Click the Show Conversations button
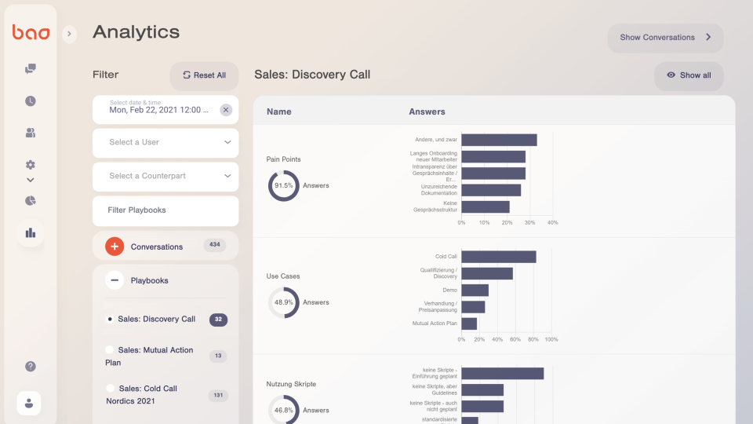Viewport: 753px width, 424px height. coord(665,38)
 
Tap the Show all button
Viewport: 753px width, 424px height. coord(689,75)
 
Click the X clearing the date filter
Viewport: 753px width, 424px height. coord(226,110)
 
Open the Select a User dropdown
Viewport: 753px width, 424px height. coord(166,142)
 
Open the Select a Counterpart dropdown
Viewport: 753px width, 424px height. coord(166,176)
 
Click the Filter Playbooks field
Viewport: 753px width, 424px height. coord(166,210)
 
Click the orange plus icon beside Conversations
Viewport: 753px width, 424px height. coord(115,247)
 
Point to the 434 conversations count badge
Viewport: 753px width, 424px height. coord(214,245)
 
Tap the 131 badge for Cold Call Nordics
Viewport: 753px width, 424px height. coord(218,396)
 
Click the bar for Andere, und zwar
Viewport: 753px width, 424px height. coord(499,140)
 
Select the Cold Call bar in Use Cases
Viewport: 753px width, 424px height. coord(498,257)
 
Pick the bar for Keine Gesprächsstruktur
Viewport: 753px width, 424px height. coord(485,207)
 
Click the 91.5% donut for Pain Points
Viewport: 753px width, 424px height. coord(283,186)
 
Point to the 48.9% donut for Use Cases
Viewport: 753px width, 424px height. coord(283,302)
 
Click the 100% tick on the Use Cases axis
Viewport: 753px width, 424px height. coord(551,339)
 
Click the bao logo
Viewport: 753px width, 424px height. coord(31,32)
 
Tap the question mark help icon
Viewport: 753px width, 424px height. coord(31,366)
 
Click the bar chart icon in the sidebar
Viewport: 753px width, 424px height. coord(31,232)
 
